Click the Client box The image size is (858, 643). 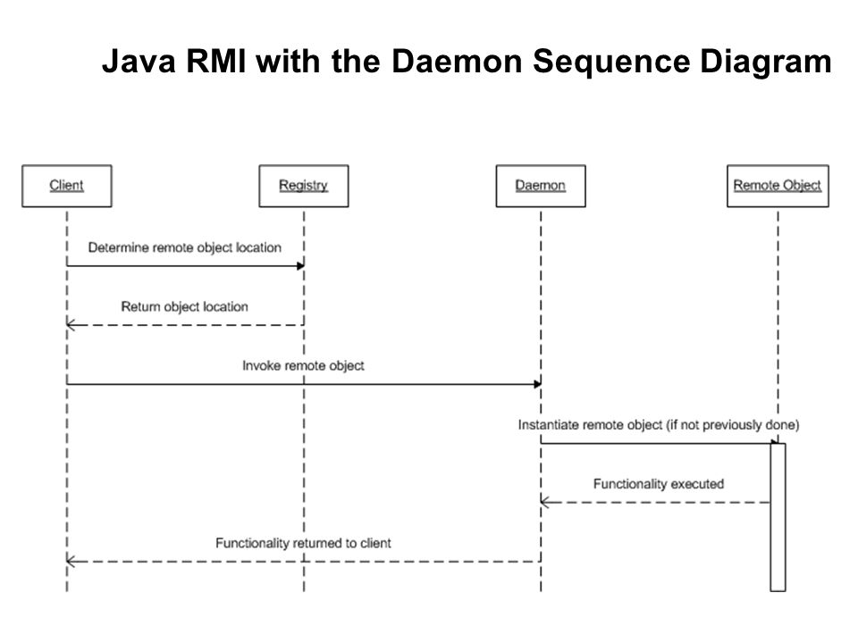pyautogui.click(x=67, y=186)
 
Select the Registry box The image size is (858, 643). pyautogui.click(x=304, y=186)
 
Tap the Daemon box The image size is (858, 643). pyautogui.click(x=541, y=186)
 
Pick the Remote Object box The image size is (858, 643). pyautogui.click(x=778, y=186)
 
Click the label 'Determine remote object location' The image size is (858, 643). pyautogui.click(x=185, y=247)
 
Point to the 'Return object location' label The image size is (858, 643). pyautogui.click(x=184, y=306)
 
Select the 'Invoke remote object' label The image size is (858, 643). pyautogui.click(x=303, y=366)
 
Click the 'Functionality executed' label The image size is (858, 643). pyautogui.click(x=659, y=484)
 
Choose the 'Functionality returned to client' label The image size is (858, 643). pyautogui.click(x=303, y=543)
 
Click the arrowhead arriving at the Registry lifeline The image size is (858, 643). pyautogui.click(x=300, y=266)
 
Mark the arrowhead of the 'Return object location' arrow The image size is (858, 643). pyautogui.click(x=70, y=325)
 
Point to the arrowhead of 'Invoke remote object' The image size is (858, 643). pyautogui.click(x=537, y=384)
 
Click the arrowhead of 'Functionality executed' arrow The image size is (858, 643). pyautogui.click(x=544, y=502)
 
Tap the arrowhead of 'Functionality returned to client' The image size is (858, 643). pyautogui.click(x=70, y=561)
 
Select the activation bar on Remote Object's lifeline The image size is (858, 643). pyautogui.click(x=778, y=517)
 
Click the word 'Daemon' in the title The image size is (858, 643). pyautogui.click(x=457, y=61)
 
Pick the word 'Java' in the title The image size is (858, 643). pyautogui.click(x=139, y=61)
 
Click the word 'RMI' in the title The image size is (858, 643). pyautogui.click(x=216, y=61)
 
